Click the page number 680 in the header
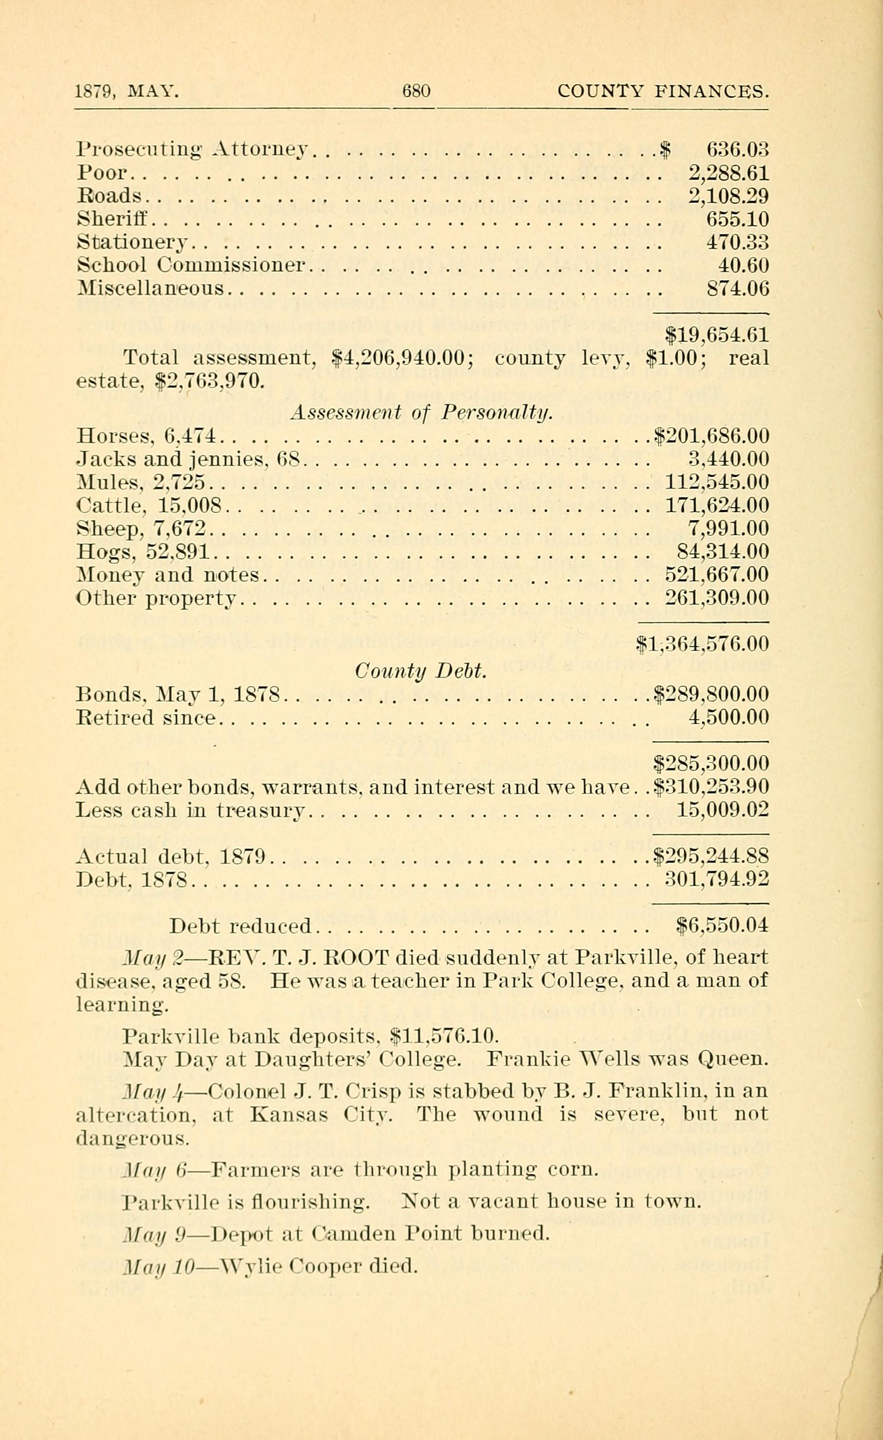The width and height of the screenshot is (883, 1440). tap(416, 91)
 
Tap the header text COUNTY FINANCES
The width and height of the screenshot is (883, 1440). tap(663, 91)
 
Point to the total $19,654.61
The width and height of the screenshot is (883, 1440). tap(718, 335)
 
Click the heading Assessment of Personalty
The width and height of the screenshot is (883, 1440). tap(421, 413)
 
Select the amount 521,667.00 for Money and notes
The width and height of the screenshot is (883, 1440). tap(717, 575)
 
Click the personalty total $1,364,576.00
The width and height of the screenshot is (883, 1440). tap(702, 644)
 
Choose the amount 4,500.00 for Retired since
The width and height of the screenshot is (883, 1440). tap(729, 717)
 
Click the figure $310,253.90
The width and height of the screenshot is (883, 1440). tap(711, 787)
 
